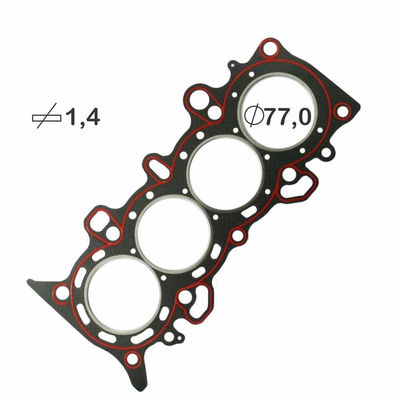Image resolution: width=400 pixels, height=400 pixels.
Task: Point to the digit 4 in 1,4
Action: [91, 116]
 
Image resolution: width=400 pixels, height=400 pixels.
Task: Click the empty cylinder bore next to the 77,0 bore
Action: [225, 172]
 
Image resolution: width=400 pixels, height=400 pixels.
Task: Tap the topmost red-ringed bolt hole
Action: [269, 49]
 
